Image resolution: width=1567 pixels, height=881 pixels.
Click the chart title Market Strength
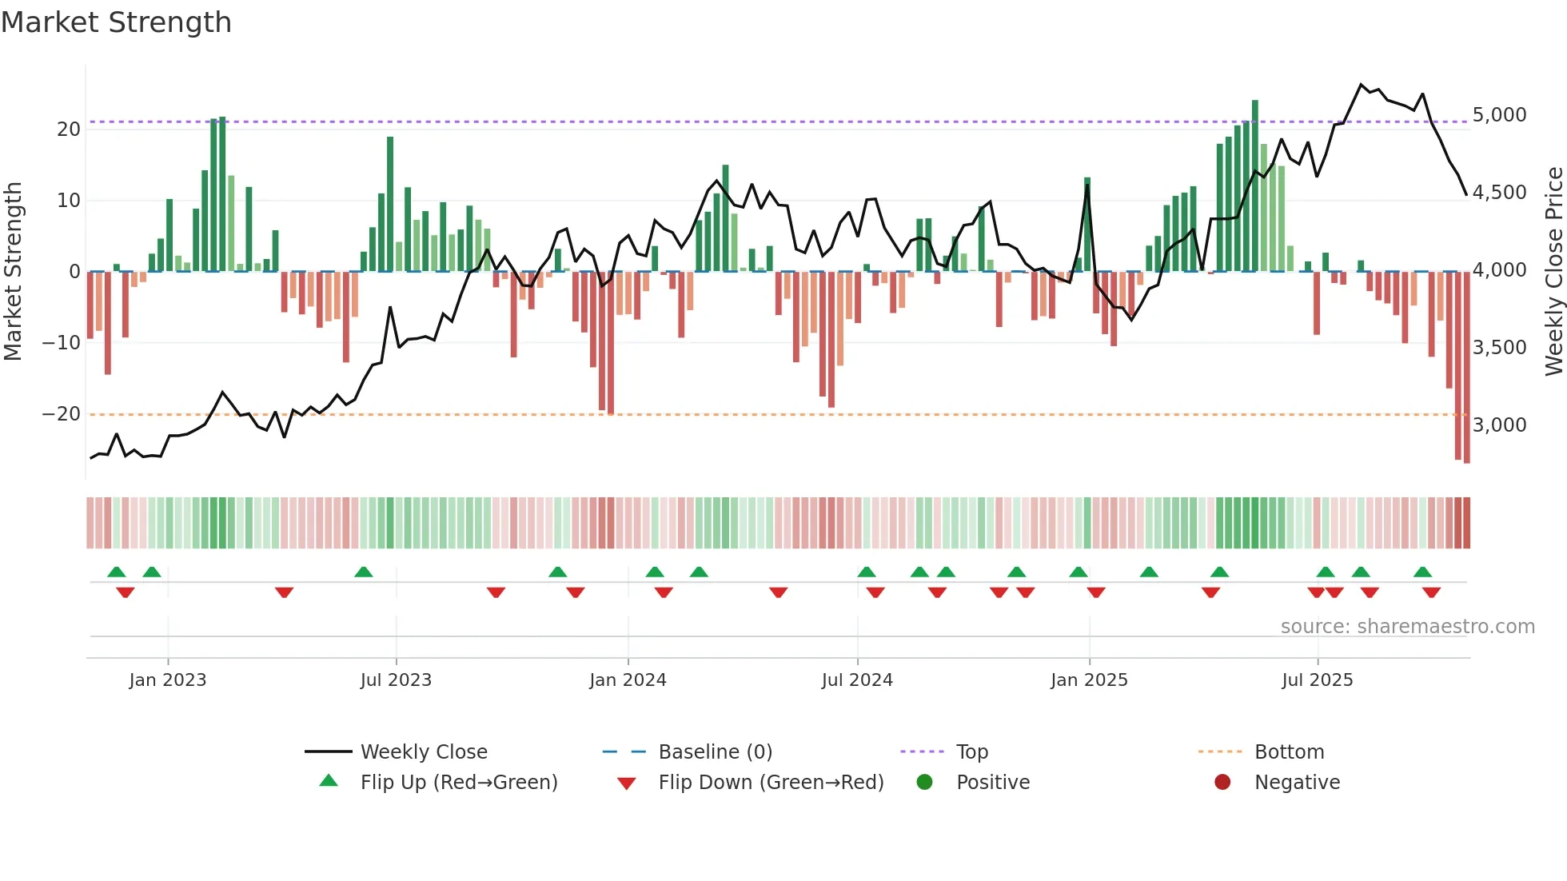click(x=116, y=22)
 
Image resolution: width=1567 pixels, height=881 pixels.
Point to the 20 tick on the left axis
click(x=69, y=130)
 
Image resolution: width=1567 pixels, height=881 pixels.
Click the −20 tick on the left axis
click(x=62, y=414)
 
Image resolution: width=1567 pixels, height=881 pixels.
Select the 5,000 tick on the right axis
click(x=1499, y=115)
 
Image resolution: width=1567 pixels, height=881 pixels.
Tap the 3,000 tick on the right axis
click(x=1499, y=425)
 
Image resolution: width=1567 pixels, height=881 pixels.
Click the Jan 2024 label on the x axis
click(x=628, y=680)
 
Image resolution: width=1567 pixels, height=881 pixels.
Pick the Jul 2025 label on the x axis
click(x=1317, y=680)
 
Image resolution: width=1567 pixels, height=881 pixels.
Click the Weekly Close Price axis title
click(x=1553, y=272)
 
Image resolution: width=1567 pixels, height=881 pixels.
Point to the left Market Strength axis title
click(x=13, y=272)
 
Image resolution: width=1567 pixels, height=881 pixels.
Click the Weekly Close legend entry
click(x=424, y=752)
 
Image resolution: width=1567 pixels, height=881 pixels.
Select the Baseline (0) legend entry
click(x=715, y=752)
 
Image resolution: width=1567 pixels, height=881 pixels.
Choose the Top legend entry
click(x=972, y=752)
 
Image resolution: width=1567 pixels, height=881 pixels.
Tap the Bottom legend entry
click(x=1289, y=752)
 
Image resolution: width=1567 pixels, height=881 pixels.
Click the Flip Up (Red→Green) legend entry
click(x=458, y=783)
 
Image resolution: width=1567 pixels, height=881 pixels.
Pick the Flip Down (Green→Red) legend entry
click(x=771, y=783)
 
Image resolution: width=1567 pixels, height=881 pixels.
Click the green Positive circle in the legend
click(x=924, y=783)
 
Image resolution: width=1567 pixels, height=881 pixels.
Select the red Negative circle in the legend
click(x=1222, y=783)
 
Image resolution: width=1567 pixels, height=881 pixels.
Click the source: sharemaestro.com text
click(x=1407, y=627)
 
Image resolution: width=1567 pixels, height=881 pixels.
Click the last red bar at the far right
click(x=1466, y=368)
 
